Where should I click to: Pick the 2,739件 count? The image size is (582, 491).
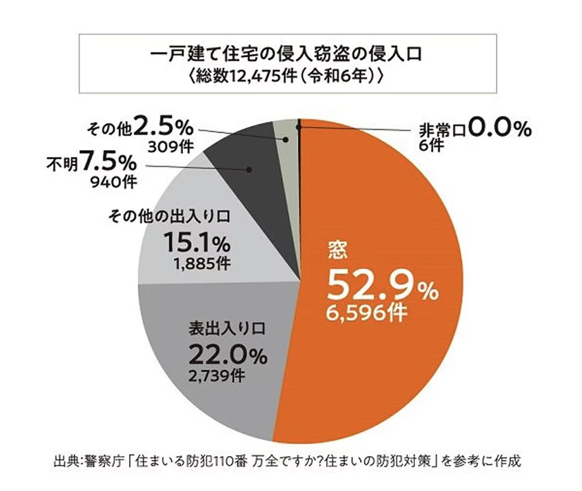[216, 375]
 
